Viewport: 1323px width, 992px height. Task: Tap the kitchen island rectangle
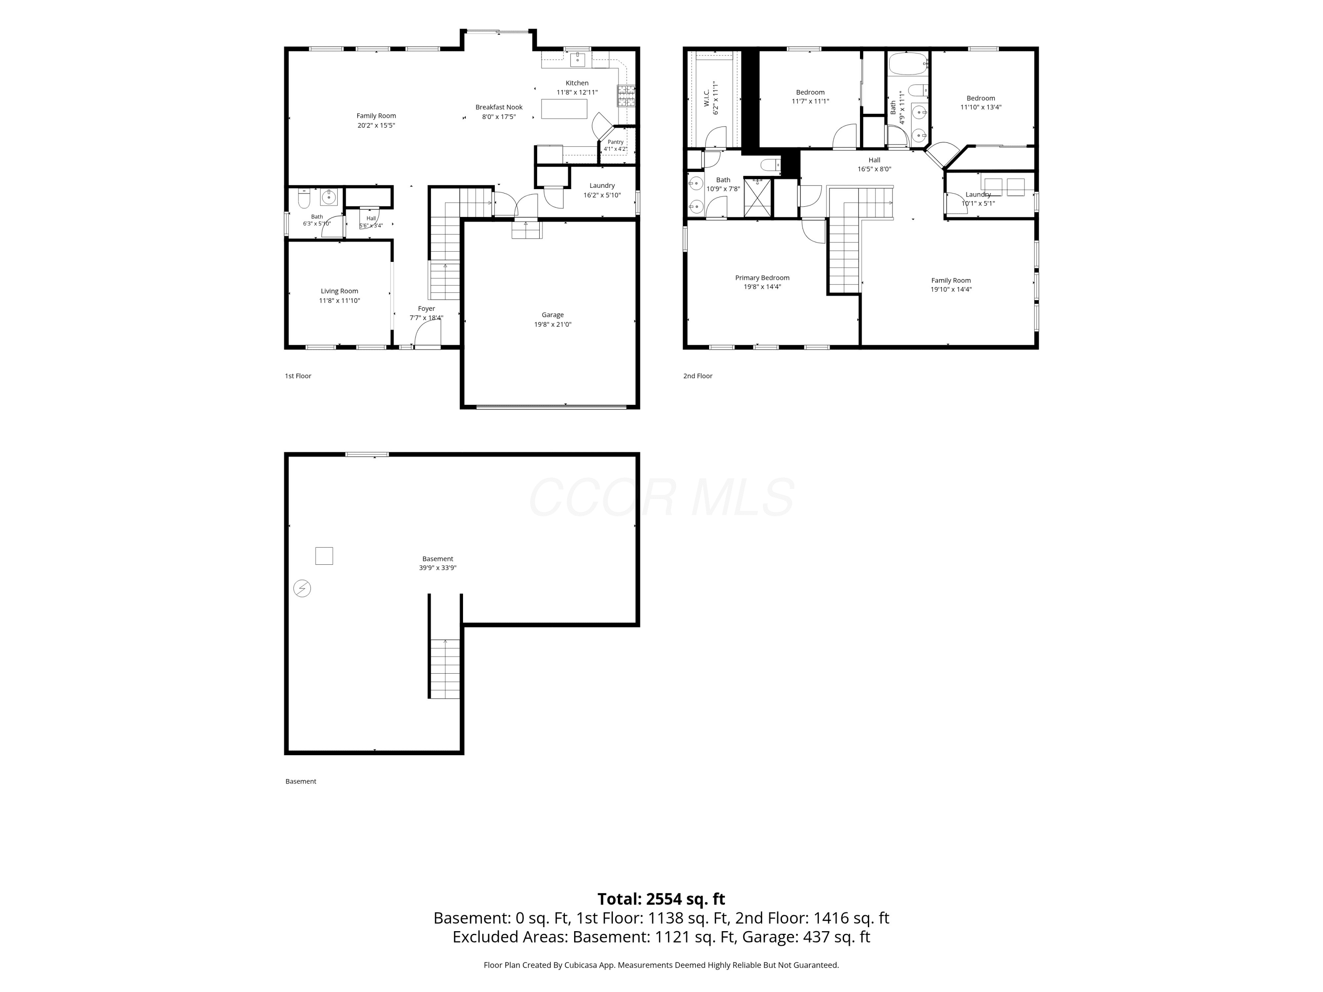coord(564,109)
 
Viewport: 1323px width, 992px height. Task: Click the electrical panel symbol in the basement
coord(302,589)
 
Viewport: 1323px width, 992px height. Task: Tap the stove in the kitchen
coord(626,96)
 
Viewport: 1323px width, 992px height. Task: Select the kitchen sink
coord(577,59)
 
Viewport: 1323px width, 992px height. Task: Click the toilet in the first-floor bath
coord(304,198)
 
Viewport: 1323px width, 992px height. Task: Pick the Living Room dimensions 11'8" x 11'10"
coord(339,301)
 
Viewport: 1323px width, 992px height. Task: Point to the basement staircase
coord(445,668)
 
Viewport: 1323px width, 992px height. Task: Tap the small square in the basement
coord(324,556)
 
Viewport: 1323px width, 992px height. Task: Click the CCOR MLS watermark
coord(661,497)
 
